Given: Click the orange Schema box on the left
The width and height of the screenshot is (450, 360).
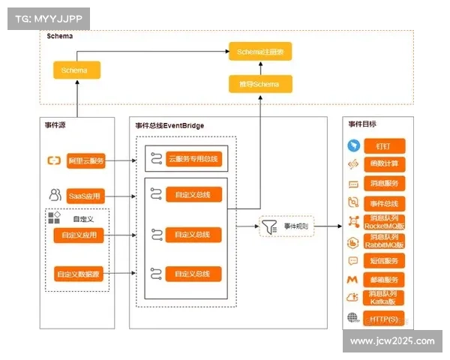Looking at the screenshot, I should pos(76,70).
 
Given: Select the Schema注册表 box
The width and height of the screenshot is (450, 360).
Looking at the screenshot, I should pos(259,52).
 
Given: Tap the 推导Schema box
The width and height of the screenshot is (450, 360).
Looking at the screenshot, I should pos(259,84).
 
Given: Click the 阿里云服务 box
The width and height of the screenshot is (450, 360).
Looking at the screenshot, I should pos(86,160).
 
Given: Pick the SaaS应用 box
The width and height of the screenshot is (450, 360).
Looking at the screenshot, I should pos(84,196).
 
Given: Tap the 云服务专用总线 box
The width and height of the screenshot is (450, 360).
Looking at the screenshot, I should pos(193,159).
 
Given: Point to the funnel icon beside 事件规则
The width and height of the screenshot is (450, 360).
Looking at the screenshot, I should pos(268,225).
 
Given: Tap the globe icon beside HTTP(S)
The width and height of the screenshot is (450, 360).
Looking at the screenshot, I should pos(352,318).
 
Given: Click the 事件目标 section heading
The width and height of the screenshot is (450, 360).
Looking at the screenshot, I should pos(362,123).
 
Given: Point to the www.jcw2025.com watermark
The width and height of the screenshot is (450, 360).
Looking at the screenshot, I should pos(392,341).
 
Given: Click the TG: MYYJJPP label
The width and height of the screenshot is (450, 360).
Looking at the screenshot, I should pos(46,17).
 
